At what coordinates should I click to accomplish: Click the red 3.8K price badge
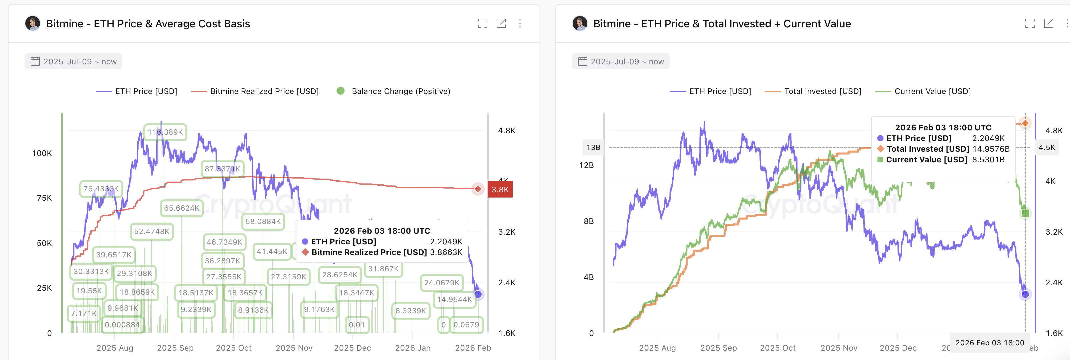(500, 189)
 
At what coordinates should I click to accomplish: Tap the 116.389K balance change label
(165, 132)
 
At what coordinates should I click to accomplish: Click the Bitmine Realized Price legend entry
(255, 91)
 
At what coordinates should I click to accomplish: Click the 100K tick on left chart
(42, 153)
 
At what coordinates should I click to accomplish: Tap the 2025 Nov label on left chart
(294, 348)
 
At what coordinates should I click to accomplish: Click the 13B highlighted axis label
(593, 147)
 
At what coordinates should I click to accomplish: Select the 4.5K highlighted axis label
(1046, 147)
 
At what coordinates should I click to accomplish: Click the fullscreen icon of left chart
(482, 24)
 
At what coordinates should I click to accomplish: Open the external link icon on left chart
(501, 24)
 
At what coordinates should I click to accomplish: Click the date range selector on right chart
(621, 61)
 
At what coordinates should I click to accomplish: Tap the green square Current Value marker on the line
(1025, 213)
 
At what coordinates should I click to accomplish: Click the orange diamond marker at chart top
(1025, 123)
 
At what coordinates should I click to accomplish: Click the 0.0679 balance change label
(466, 325)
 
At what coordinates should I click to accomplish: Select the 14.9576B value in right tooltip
(991, 149)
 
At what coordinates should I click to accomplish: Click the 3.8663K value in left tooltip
(446, 252)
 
